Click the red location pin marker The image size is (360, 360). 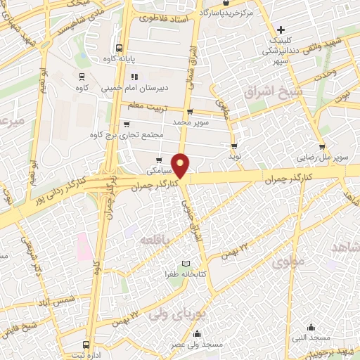click(181, 165)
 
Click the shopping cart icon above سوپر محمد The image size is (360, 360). click(189, 112)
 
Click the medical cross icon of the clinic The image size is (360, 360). click(281, 30)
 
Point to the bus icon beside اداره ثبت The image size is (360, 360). click(86, 345)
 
